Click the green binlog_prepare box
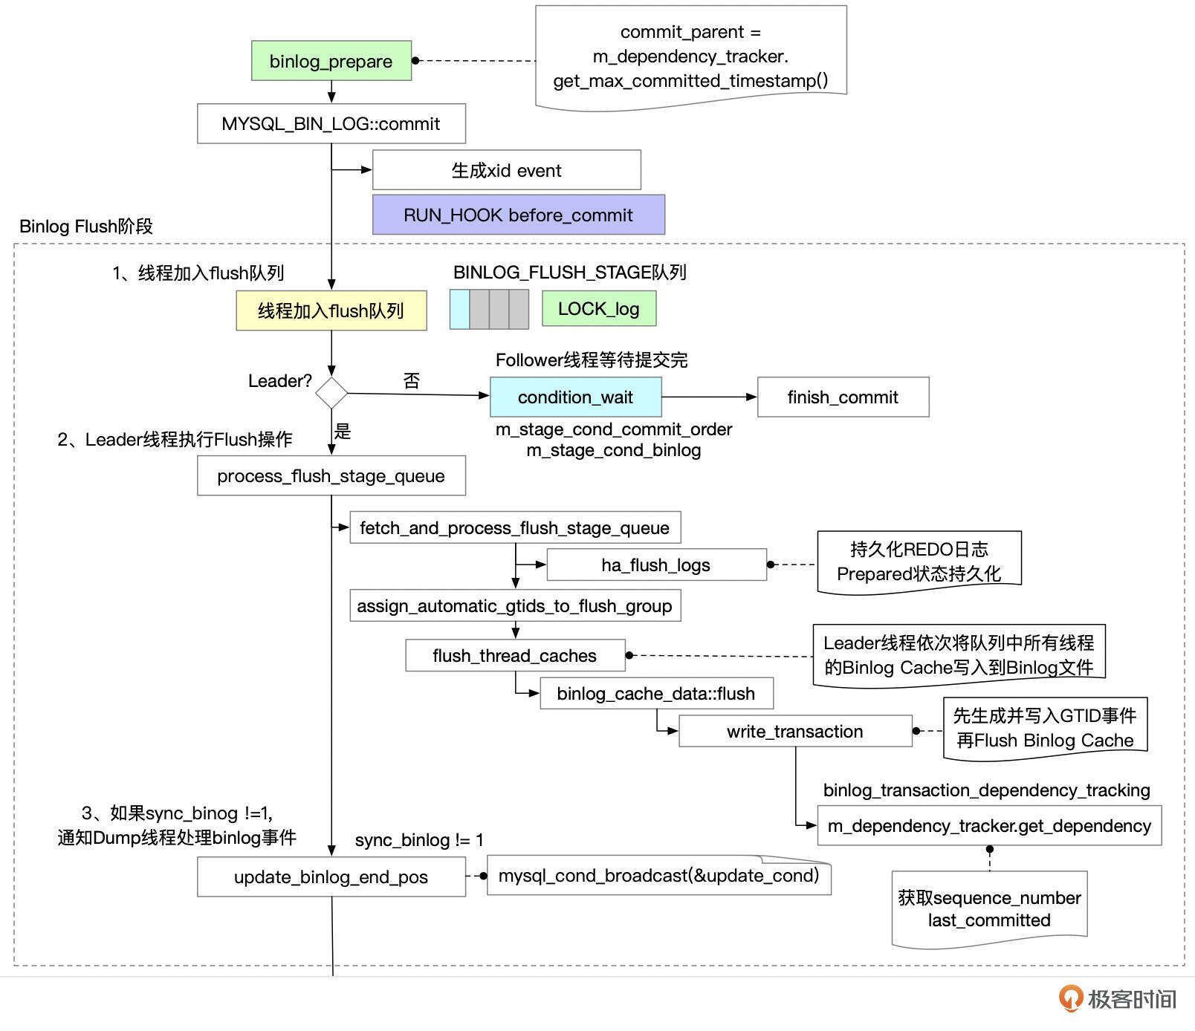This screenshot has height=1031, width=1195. [331, 61]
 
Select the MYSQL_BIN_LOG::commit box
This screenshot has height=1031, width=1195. [331, 123]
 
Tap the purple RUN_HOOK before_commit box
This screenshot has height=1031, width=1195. [518, 215]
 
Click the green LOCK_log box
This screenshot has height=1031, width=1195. [598, 308]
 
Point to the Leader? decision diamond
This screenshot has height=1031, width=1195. [331, 393]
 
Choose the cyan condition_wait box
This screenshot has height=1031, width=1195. [575, 397]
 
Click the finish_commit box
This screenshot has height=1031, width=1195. [843, 397]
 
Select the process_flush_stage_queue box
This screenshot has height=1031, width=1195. [331, 475]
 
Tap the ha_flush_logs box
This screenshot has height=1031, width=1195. [655, 565]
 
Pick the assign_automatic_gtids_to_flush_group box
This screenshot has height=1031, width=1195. [514, 605]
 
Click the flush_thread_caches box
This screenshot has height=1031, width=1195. [514, 655]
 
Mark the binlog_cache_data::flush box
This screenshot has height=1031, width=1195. [655, 693]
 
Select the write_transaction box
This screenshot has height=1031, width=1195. [794, 731]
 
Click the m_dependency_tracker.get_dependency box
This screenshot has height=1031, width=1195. [988, 825]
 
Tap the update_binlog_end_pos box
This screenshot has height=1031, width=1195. [331, 876]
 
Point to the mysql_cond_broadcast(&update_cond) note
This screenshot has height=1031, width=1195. [658, 875]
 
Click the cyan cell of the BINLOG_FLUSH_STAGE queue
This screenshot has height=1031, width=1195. [459, 309]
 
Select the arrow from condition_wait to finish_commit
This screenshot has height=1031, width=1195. [709, 397]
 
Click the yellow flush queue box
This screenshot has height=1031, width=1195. [331, 310]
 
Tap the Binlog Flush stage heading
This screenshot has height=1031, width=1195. [86, 226]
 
